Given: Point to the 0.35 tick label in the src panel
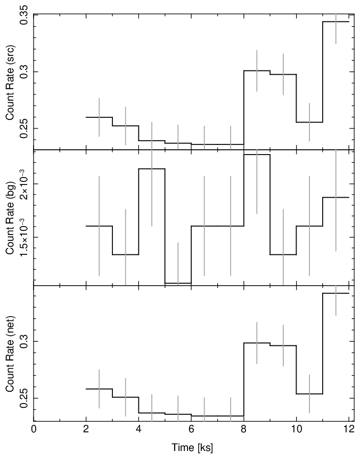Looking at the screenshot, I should (24, 15).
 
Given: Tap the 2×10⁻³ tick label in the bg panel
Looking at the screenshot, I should (24, 183).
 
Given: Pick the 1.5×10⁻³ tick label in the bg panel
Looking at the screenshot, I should (24, 237).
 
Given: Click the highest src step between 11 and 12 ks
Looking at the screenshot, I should (336, 22).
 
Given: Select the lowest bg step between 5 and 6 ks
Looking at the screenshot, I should (178, 283).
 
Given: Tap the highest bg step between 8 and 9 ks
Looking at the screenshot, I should (257, 154).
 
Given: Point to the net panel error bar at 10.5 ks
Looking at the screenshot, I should (309, 393).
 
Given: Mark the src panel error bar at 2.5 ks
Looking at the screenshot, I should (99, 117).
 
